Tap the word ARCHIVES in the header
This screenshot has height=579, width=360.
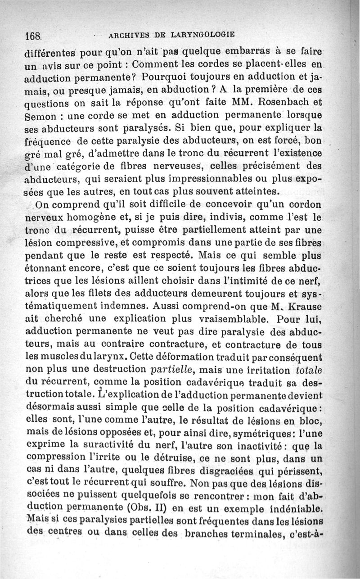coord(130,35)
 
